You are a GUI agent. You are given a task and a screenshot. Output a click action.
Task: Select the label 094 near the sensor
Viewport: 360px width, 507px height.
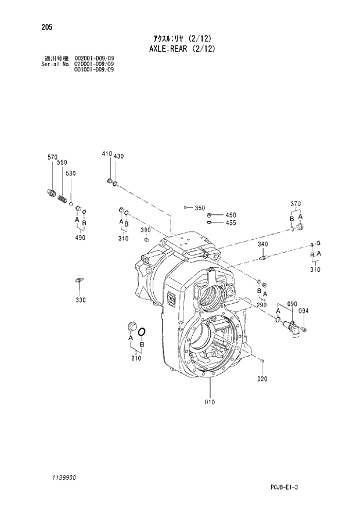[304, 311]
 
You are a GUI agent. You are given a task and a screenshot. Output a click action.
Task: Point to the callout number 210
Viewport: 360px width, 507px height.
[136, 358]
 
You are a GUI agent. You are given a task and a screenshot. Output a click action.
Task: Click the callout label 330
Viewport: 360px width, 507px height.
[80, 300]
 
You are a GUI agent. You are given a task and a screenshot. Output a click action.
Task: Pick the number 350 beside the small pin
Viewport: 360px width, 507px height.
[200, 208]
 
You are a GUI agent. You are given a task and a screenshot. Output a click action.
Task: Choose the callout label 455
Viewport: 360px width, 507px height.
[231, 222]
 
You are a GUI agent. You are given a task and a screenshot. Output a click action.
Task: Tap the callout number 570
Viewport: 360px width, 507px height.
[52, 157]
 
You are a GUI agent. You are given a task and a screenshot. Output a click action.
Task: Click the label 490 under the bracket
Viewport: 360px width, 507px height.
[80, 238]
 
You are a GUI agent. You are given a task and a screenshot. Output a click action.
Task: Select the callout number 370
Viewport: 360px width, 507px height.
[296, 203]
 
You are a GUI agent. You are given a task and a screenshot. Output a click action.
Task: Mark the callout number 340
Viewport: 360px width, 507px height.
[262, 244]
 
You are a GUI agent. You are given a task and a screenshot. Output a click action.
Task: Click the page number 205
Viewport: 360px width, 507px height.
[40, 26]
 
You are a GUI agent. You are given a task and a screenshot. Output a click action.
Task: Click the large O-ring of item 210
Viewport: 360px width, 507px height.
[142, 332]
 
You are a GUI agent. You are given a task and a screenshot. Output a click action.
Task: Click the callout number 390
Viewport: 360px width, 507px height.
[145, 231]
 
